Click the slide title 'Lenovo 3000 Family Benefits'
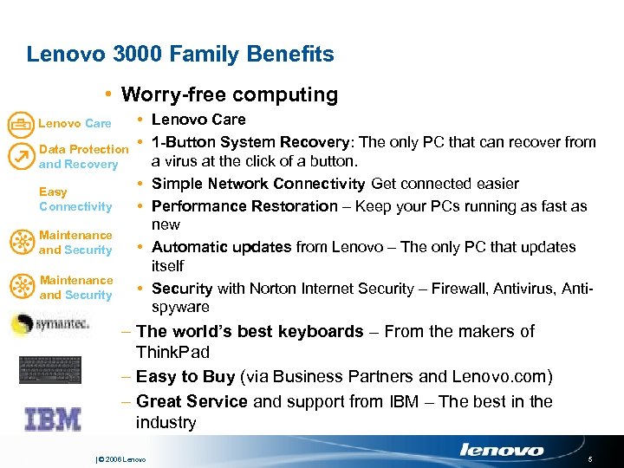coord(180,55)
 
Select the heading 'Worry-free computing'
coord(229,94)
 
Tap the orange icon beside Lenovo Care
coord(19,124)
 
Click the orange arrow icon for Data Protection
coord(19,156)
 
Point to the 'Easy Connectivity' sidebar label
coord(75,199)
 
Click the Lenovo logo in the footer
coord(502,450)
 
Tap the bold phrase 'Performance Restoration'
coord(244,206)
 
